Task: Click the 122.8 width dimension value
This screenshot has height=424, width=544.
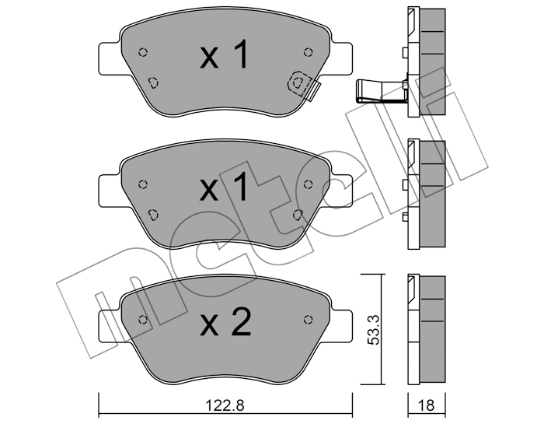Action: coord(225,405)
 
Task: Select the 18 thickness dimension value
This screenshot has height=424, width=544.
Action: coord(427,405)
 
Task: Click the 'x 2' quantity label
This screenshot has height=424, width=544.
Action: coord(225,322)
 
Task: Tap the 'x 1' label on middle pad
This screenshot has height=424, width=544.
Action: coord(225,187)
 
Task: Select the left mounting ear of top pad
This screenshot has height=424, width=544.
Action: coord(110,58)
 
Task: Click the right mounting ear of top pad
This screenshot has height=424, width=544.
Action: coord(340,58)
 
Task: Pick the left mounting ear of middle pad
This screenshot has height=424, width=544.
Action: coord(110,191)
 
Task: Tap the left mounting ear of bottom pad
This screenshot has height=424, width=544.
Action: coord(110,325)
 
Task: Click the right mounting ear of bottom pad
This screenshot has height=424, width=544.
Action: coord(340,325)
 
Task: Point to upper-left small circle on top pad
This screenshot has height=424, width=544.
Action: coord(142,52)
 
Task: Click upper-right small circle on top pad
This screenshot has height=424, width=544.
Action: coord(308,52)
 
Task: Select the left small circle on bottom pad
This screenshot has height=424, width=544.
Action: coord(142,320)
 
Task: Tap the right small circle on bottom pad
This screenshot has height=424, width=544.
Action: coord(308,320)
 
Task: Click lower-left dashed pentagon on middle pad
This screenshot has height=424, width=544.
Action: coord(153,215)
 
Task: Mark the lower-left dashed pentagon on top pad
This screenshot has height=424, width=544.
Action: coord(153,82)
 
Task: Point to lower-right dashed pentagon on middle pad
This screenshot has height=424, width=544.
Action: coord(298,215)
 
